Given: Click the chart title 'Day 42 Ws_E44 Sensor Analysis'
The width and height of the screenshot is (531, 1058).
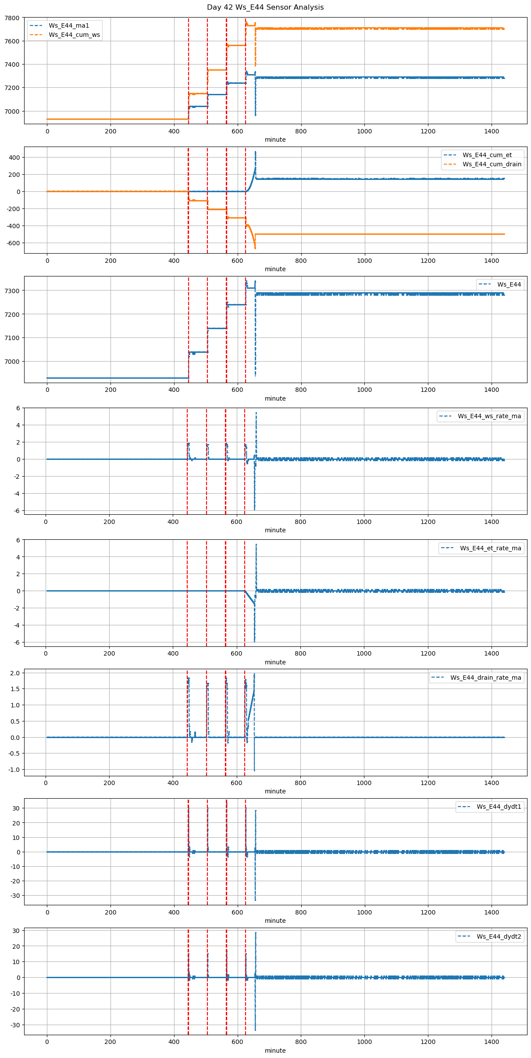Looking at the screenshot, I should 265,7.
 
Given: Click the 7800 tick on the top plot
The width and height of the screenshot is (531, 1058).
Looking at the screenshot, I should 12,18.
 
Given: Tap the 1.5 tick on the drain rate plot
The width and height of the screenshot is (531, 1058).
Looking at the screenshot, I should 15,689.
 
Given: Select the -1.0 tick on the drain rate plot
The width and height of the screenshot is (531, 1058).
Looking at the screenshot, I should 14,770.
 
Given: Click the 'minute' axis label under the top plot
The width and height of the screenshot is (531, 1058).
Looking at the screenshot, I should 275,140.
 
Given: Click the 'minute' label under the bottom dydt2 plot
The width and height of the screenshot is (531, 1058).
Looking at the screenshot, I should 275,1051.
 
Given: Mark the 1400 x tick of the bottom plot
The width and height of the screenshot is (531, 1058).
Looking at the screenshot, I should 492,1041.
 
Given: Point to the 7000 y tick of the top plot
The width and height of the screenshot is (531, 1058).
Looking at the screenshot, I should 12,111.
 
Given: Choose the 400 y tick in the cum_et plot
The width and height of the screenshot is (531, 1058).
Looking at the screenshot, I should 15,158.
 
